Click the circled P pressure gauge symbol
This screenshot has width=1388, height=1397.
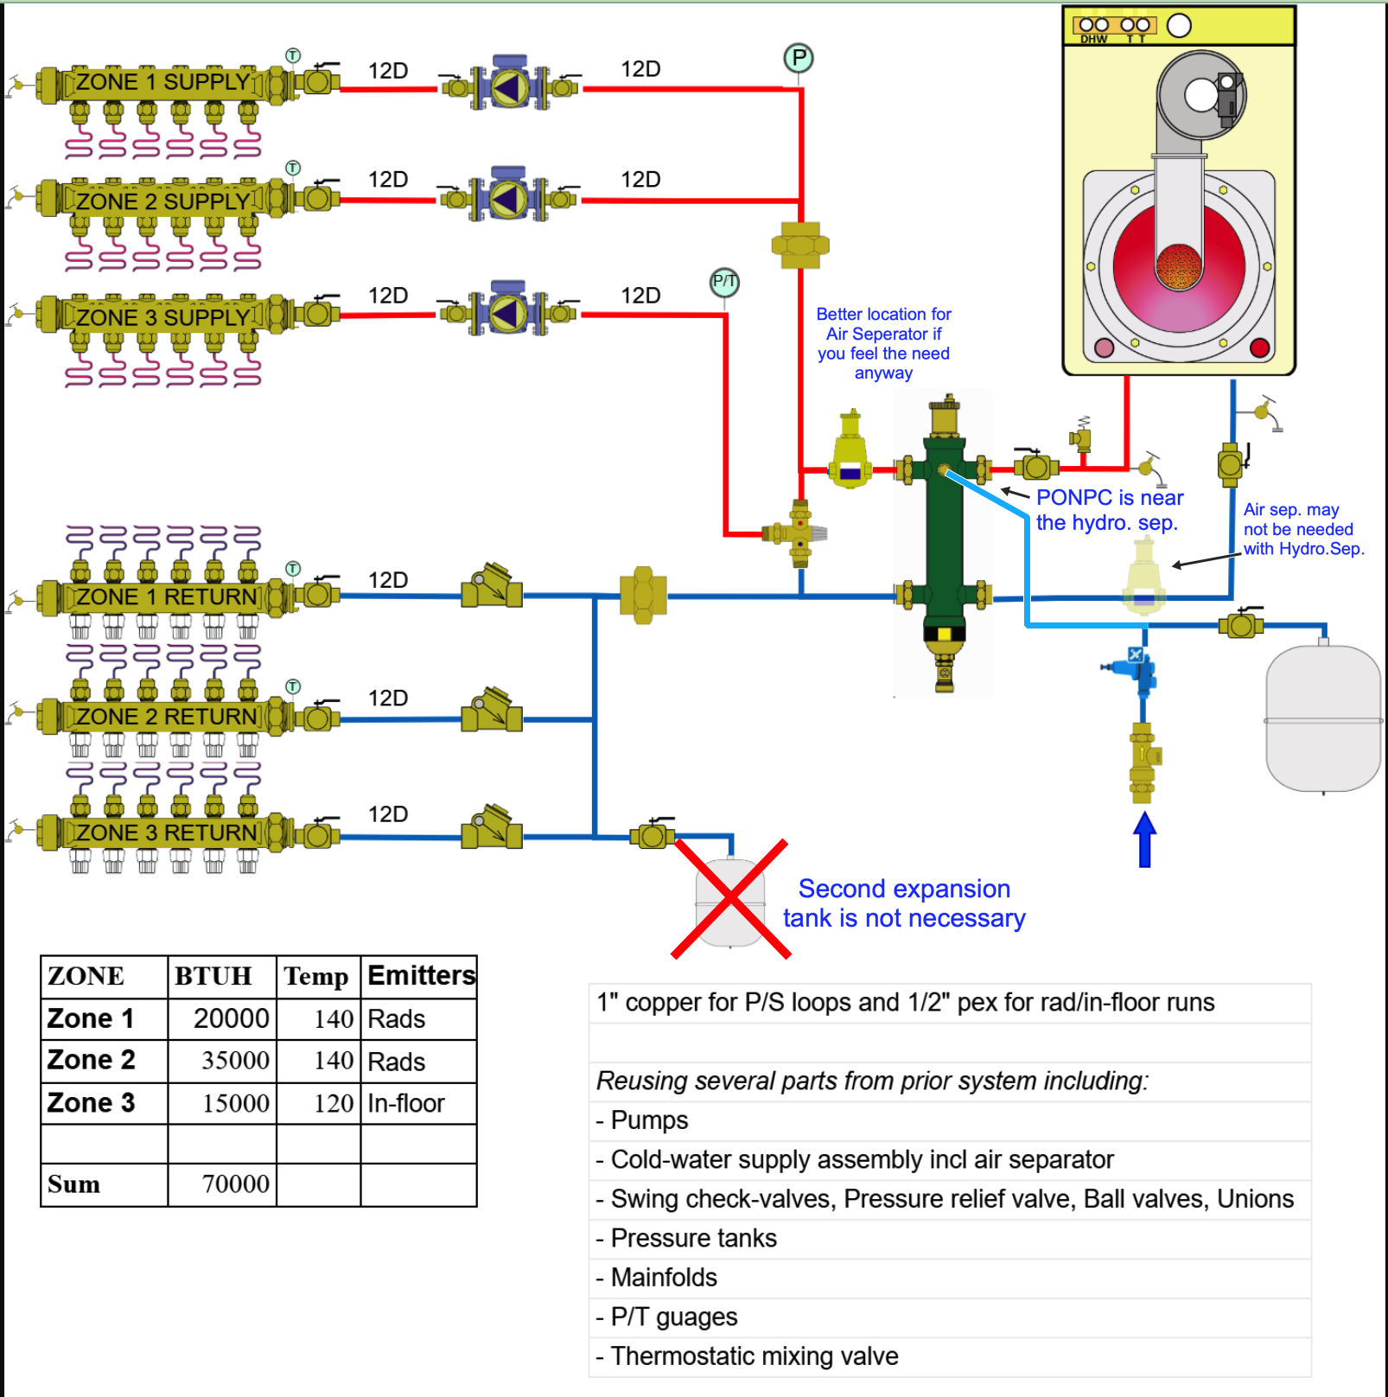click(799, 59)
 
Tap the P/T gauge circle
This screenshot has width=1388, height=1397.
click(724, 282)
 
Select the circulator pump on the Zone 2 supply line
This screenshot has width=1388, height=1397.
click(509, 199)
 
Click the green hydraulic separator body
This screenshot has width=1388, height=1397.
click(944, 536)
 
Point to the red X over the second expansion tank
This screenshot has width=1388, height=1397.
click(731, 899)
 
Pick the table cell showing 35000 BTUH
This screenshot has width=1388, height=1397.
click(234, 1060)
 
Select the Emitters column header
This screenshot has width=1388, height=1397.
click(421, 975)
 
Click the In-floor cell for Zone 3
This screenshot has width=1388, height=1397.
click(406, 1103)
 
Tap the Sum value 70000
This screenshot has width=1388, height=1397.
click(235, 1183)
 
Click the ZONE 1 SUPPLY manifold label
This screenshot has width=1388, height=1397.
click(162, 82)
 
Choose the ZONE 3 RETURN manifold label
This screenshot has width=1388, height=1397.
click(166, 832)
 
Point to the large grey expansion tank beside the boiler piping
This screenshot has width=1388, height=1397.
click(1322, 718)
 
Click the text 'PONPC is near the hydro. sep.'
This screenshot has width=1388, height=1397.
click(1109, 510)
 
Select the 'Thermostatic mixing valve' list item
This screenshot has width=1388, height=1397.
click(754, 1356)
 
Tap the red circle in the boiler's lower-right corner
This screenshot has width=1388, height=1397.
click(1259, 348)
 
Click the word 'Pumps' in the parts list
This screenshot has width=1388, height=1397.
click(649, 1120)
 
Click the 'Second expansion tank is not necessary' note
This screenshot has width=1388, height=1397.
click(904, 903)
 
